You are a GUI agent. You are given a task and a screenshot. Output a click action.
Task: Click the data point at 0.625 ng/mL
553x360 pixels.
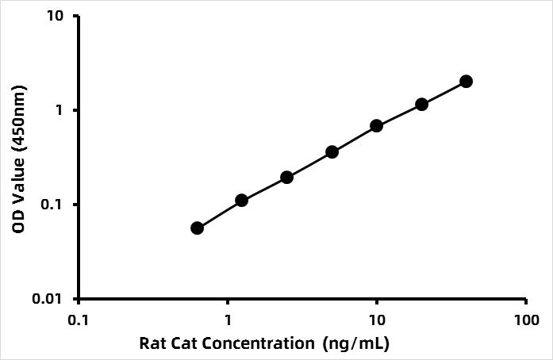click(x=198, y=228)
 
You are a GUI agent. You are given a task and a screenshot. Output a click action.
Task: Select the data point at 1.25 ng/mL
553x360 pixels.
click(x=242, y=201)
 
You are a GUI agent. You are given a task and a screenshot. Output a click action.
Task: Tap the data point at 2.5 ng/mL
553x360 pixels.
click(x=286, y=177)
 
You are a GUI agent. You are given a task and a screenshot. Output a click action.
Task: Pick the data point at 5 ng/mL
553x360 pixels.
click(x=332, y=151)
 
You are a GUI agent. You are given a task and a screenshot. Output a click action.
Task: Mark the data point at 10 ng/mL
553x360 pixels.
click(x=377, y=125)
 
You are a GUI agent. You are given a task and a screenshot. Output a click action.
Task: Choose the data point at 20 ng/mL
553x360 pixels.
click(x=421, y=104)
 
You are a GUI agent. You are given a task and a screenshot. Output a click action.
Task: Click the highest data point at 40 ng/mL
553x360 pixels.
click(x=466, y=82)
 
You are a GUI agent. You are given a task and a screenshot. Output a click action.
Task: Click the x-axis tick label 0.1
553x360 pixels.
click(x=79, y=320)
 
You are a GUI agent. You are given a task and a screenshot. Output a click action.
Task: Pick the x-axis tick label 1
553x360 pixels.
click(x=228, y=320)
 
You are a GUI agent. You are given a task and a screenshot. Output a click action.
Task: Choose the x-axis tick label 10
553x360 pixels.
click(x=377, y=320)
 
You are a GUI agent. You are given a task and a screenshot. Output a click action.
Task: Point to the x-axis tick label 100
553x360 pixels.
click(x=526, y=320)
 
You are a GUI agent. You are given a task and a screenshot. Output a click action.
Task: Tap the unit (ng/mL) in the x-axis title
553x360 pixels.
click(x=356, y=344)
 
